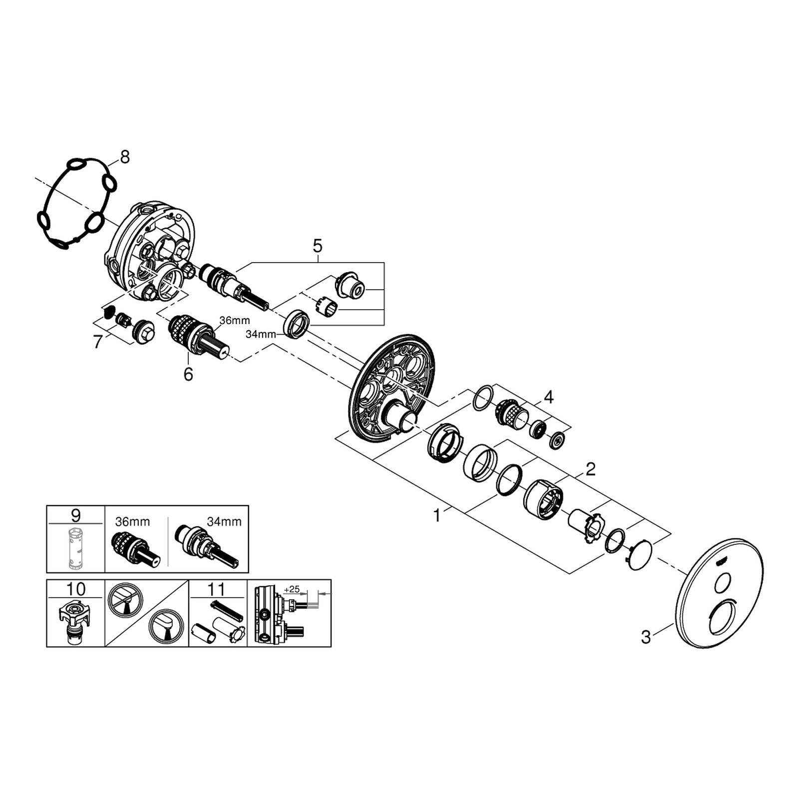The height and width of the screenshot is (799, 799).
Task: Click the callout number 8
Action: click(x=124, y=157)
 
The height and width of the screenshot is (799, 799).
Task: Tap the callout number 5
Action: click(x=318, y=246)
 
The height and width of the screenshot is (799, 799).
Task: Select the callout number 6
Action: click(x=188, y=374)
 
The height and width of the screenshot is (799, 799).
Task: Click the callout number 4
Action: click(x=549, y=398)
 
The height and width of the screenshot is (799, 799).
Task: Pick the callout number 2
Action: click(x=591, y=469)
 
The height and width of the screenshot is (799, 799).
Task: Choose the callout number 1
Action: click(x=437, y=515)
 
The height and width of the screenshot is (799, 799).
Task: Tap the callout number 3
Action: click(x=646, y=637)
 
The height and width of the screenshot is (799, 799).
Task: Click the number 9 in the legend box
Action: click(x=76, y=515)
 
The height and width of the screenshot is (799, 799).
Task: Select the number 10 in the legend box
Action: click(x=76, y=589)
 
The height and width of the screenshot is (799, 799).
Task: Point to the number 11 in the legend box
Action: click(x=217, y=589)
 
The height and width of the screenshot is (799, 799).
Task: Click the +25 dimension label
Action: click(x=291, y=589)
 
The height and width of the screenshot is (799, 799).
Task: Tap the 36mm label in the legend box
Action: click(x=132, y=522)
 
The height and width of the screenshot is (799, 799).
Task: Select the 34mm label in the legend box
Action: click(x=224, y=522)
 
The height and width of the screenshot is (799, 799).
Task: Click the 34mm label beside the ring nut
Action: click(x=261, y=335)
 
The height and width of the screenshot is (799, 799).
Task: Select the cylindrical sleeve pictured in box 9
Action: click(x=76, y=547)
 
